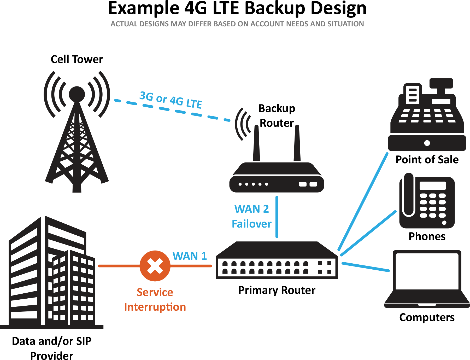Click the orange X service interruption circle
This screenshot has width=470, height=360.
point(155,266)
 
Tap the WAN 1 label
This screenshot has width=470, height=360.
point(190,256)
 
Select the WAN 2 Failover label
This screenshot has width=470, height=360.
point(252,216)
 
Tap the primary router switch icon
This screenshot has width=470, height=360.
point(277,260)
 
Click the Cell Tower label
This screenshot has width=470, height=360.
point(77,59)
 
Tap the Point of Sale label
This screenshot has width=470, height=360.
point(427,160)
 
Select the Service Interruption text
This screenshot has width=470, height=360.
point(155,300)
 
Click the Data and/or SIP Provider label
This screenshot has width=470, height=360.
point(52,349)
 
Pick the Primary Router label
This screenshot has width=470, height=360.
point(277,290)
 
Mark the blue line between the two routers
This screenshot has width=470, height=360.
point(277,217)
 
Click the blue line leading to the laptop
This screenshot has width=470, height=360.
point(366,267)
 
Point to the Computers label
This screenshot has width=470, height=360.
point(427,317)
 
